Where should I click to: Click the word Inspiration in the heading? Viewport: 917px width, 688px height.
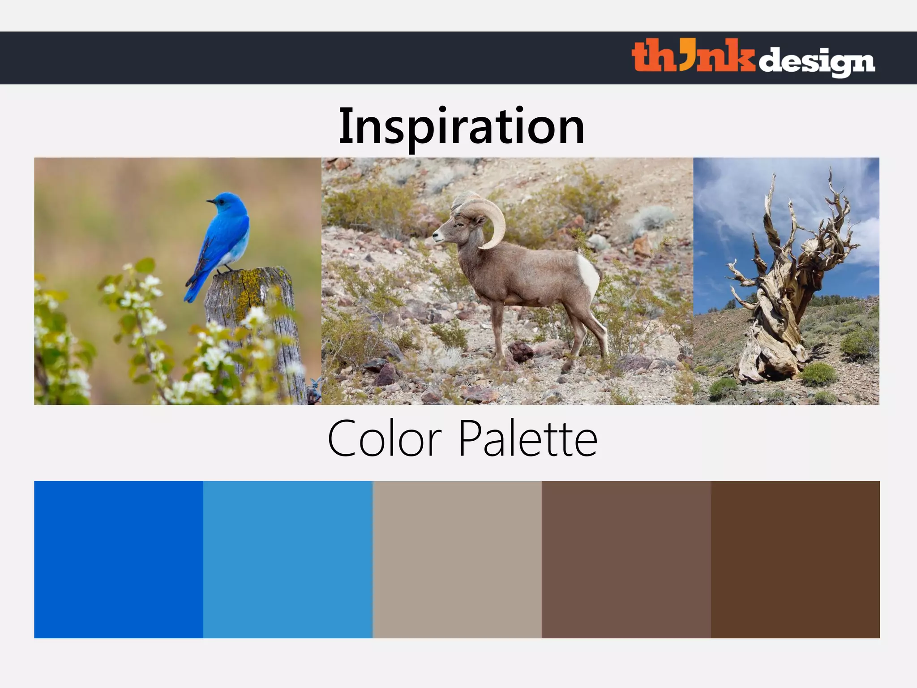462,127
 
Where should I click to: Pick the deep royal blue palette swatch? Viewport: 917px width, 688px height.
119,559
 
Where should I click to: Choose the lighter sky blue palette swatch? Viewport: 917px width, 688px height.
287,559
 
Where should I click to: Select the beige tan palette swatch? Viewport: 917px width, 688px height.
457,559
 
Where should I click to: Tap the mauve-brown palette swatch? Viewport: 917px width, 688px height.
626,559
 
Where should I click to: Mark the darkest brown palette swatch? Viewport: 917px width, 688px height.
795,559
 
